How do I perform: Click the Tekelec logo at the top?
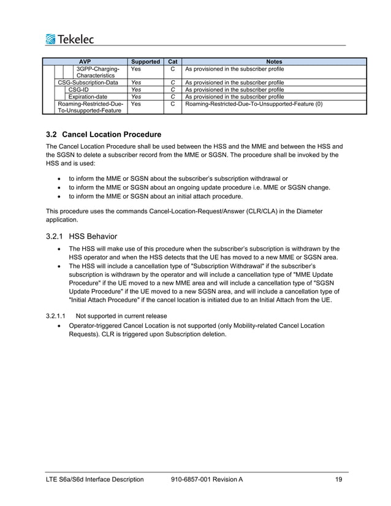pyautogui.click(x=69, y=40)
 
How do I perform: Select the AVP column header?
pyautogui.click(x=85, y=61)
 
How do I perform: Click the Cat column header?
pyautogui.click(x=173, y=61)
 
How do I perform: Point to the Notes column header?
pyautogui.click(x=273, y=61)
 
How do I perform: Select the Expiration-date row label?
pyautogui.click(x=88, y=97)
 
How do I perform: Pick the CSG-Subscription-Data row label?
pyautogui.click(x=88, y=82)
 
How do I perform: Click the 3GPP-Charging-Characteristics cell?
pyautogui.click(x=95, y=72)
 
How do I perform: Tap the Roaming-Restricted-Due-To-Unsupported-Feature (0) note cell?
pyautogui.click(x=254, y=104)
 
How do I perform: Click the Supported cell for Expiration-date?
pyautogui.click(x=136, y=97)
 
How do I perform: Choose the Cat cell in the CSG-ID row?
pyautogui.click(x=173, y=89)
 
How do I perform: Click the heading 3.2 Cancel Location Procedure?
pyautogui.click(x=104, y=134)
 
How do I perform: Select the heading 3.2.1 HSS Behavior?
pyautogui.click(x=82, y=236)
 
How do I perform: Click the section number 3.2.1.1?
pyautogui.click(x=56, y=315)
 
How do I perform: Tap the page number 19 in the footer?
pyautogui.click(x=339, y=479)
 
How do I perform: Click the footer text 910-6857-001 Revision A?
pyautogui.click(x=207, y=479)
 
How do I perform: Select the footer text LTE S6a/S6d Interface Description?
pyautogui.click(x=95, y=479)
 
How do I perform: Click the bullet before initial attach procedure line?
pyautogui.click(x=58, y=197)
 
